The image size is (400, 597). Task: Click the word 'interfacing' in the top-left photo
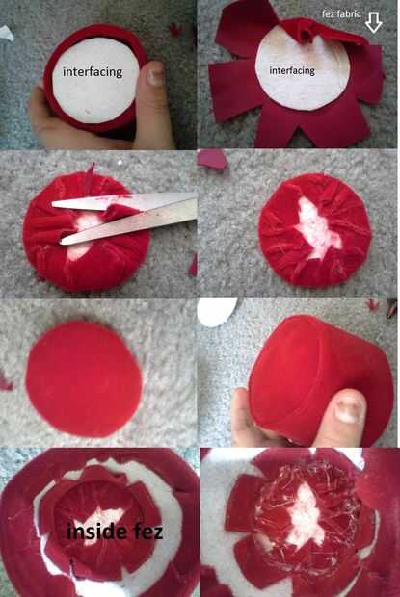point(93,71)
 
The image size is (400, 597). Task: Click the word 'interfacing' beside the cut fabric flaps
point(292,70)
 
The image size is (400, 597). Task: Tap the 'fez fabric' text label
point(341,14)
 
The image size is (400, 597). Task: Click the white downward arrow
point(373,22)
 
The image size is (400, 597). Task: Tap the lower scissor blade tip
point(62,241)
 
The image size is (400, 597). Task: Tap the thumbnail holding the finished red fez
point(348,409)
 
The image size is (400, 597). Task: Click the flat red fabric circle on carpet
point(84,378)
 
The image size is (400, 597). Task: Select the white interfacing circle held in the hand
point(95,80)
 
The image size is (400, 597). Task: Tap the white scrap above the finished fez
point(216,311)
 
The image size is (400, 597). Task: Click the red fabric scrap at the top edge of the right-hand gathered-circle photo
point(212,159)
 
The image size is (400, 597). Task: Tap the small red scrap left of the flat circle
point(6,381)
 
